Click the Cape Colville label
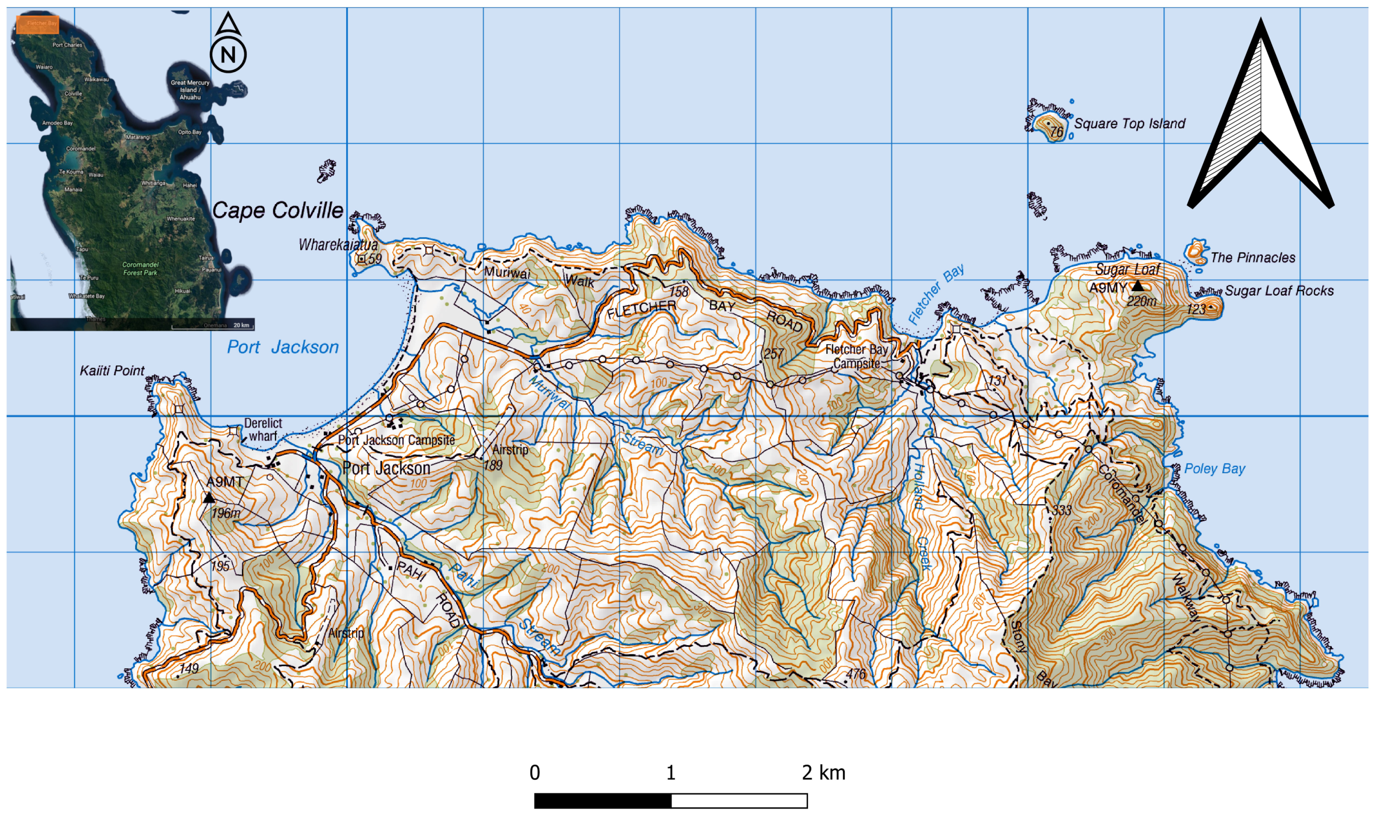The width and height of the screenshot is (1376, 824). [278, 210]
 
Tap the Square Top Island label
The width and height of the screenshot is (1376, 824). [1129, 123]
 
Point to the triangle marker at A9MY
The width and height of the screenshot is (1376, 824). [1137, 286]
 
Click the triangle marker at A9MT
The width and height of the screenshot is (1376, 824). [209, 498]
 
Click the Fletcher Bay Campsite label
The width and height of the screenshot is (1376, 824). [857, 356]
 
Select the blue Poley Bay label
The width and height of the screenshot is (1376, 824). [1214, 469]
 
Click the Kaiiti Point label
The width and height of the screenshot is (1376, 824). [112, 370]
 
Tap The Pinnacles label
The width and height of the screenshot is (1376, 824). [1253, 258]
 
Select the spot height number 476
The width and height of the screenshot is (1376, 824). [856, 674]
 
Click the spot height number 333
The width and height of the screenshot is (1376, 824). [1061, 510]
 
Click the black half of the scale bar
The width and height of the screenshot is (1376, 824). [602, 801]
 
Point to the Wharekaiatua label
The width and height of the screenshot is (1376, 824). [338, 244]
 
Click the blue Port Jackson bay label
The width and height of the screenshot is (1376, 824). [283, 347]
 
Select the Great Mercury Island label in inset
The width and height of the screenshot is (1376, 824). [190, 89]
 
